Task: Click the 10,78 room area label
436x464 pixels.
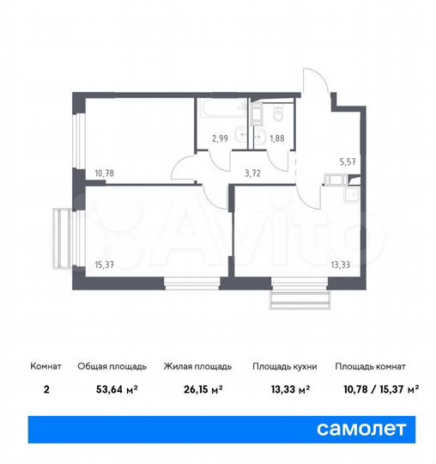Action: pos(104,172)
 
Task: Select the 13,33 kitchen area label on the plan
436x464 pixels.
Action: pos(341,265)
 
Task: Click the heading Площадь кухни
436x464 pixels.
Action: pos(285,366)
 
